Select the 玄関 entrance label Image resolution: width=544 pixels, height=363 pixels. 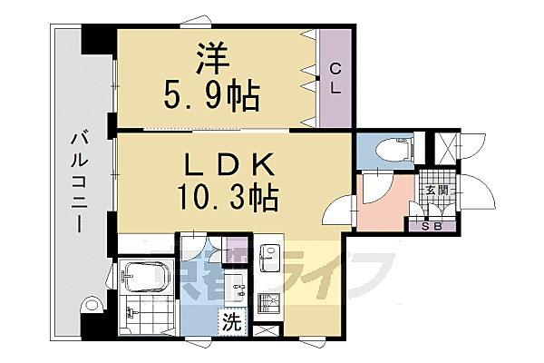(x=436, y=191)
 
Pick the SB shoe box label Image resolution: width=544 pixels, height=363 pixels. (x=431, y=226)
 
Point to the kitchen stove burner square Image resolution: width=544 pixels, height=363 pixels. (x=269, y=303)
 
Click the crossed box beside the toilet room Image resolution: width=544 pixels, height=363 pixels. (x=448, y=147)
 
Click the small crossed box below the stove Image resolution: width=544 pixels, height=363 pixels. (x=266, y=331)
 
